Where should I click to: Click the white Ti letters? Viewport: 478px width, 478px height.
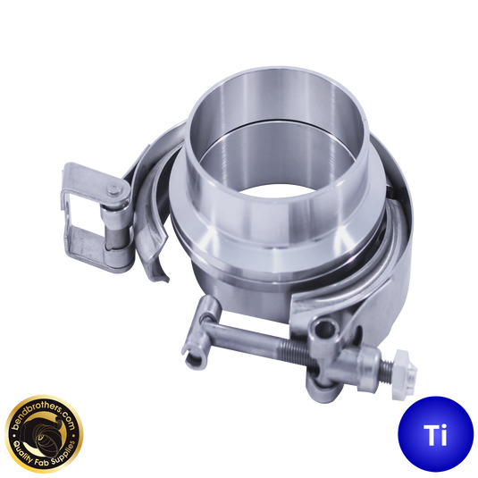pyautogui.click(x=435, y=435)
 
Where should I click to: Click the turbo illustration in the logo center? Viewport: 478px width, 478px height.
pyautogui.click(x=43, y=434)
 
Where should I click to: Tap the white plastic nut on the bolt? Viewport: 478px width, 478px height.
pyautogui.click(x=404, y=374)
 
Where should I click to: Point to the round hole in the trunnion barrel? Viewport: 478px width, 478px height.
pyautogui.click(x=325, y=328)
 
